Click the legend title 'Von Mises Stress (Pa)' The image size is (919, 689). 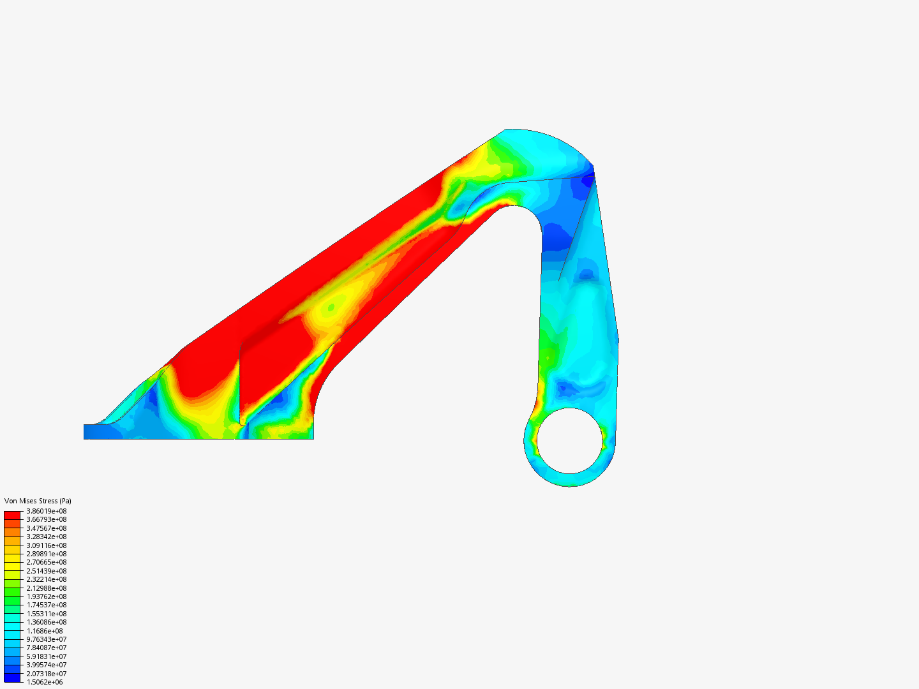pyautogui.click(x=38, y=501)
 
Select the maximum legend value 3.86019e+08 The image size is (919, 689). pyautogui.click(x=46, y=511)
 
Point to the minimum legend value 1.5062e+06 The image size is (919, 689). pyautogui.click(x=45, y=682)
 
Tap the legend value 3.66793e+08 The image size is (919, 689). pyautogui.click(x=46, y=519)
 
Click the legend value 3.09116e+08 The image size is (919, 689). pyautogui.click(x=46, y=545)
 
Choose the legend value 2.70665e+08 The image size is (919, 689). pyautogui.click(x=46, y=562)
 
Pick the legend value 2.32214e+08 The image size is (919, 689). pyautogui.click(x=46, y=579)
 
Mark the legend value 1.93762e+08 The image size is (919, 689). pyautogui.click(x=46, y=596)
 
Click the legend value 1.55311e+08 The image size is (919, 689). pyautogui.click(x=46, y=614)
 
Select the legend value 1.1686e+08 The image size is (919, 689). pyautogui.click(x=45, y=631)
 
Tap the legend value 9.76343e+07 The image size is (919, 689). pyautogui.click(x=46, y=639)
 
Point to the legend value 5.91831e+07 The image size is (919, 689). pyautogui.click(x=46, y=656)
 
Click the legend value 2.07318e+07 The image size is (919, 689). pyautogui.click(x=46, y=674)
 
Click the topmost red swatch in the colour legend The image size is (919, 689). pyautogui.click(x=12, y=515)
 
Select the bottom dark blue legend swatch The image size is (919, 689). pyautogui.click(x=12, y=678)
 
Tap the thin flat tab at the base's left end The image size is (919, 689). pyautogui.click(x=93, y=431)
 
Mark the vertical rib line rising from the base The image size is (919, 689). pyautogui.click(x=240, y=383)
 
